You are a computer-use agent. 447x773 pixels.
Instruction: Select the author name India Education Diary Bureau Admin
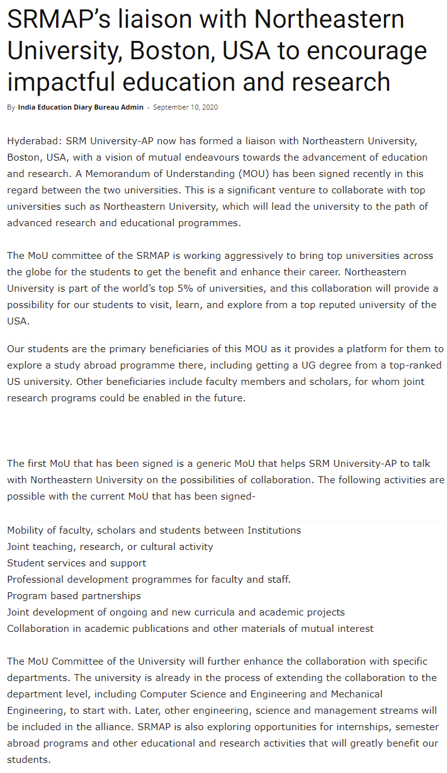click(x=81, y=107)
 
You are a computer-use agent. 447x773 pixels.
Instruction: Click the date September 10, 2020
click(x=185, y=107)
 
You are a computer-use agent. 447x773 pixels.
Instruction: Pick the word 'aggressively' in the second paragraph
click(x=246, y=256)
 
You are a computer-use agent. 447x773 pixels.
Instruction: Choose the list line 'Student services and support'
click(x=77, y=563)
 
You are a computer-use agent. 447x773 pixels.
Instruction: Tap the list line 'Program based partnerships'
click(x=74, y=596)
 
